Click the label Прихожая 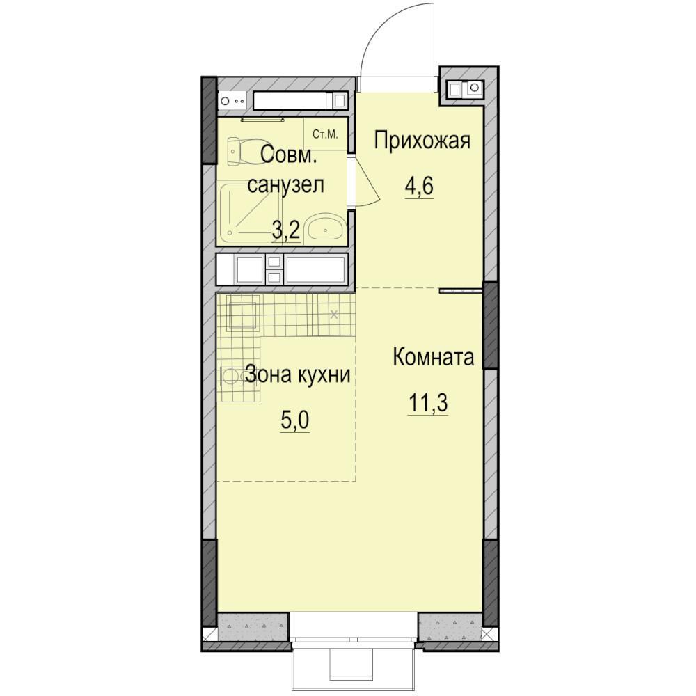coord(422,141)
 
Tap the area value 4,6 coord(418,186)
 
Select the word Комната coord(433,357)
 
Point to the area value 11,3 coord(428,402)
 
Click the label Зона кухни coord(298,374)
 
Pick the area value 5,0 coord(294,420)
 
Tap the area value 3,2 coord(286,230)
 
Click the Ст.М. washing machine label coord(325,134)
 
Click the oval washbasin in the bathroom coord(325,229)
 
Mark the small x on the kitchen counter coord(334,315)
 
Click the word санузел coord(285,184)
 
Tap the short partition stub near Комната coord(461,291)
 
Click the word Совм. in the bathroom coord(289,155)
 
